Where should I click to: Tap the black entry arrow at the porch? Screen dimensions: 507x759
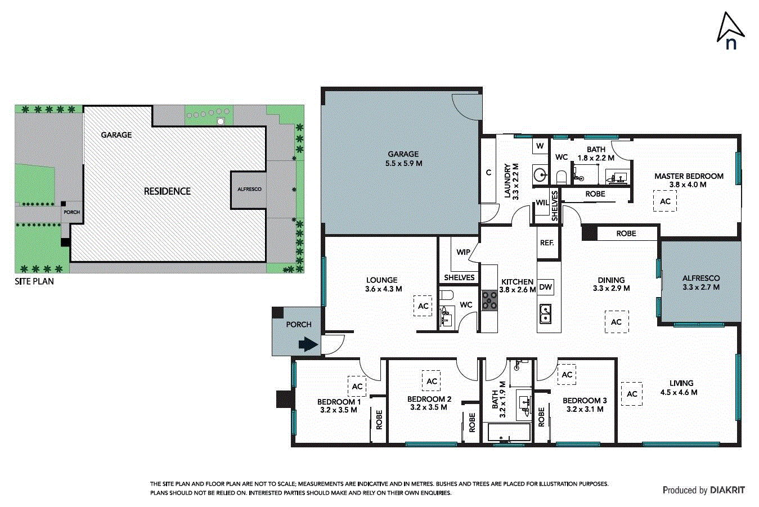click(x=307, y=344)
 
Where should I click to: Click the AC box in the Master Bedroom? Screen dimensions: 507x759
click(x=664, y=201)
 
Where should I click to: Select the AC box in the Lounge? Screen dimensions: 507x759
click(x=423, y=306)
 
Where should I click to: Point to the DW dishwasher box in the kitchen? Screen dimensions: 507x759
click(x=545, y=287)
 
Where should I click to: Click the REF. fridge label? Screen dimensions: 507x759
click(x=547, y=243)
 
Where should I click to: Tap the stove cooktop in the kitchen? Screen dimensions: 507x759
click(x=489, y=301)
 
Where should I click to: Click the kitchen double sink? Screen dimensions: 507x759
click(x=546, y=314)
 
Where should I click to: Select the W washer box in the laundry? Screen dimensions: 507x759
click(x=540, y=146)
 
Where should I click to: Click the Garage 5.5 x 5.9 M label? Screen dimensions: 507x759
click(x=403, y=159)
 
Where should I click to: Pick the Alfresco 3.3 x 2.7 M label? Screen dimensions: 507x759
click(x=700, y=282)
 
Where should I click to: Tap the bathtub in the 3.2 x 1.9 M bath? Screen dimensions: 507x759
click(x=509, y=433)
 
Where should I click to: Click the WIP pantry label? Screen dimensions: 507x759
click(x=463, y=252)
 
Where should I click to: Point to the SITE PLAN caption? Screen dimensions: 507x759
click(x=34, y=281)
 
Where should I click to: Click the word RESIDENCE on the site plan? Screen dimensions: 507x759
click(x=167, y=191)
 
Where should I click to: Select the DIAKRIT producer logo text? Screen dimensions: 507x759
click(x=727, y=490)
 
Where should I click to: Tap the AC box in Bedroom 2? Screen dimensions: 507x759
click(x=432, y=381)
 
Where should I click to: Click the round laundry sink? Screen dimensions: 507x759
click(x=540, y=174)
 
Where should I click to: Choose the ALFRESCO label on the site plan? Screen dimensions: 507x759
click(x=249, y=189)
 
